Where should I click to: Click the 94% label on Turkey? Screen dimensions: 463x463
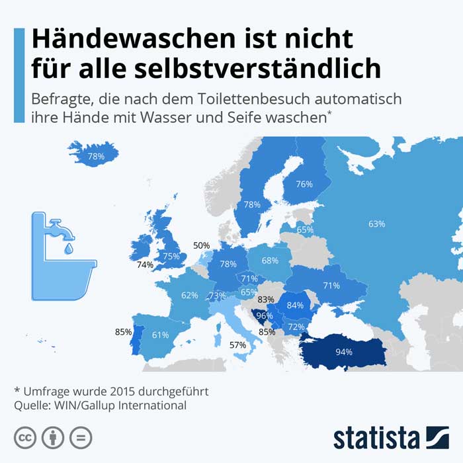343,352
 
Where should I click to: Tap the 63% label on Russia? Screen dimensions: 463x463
376,224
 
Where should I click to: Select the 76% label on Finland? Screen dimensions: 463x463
304,185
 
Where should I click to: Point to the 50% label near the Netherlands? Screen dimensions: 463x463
201,245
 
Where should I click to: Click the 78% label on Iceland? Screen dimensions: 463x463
96,157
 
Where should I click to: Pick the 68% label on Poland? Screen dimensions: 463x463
269,261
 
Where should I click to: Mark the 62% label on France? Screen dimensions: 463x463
190,295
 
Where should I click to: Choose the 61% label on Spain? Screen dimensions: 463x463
160,335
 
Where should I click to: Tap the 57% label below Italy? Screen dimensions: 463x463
237,345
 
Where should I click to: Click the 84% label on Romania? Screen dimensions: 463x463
295,306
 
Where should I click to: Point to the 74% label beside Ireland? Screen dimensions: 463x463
145,265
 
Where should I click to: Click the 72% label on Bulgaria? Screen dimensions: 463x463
296,327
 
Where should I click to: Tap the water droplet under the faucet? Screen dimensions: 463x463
69,249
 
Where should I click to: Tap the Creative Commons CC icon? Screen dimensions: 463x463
25,437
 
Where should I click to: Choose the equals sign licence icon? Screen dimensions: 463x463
81,437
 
